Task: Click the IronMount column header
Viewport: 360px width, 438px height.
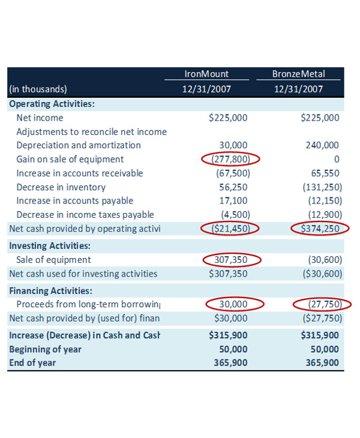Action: [206, 74]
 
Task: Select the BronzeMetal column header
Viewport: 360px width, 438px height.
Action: [298, 74]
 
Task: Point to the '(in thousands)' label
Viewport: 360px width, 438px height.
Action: [37, 89]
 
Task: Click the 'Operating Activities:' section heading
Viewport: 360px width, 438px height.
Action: [52, 103]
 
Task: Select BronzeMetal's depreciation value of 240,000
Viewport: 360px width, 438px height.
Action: [322, 145]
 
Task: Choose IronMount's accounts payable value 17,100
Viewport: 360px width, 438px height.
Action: [235, 200]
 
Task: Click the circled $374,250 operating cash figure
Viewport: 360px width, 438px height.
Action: [319, 229]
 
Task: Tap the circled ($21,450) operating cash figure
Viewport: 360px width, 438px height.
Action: [230, 229]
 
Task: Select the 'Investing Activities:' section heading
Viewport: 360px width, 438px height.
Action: [50, 245]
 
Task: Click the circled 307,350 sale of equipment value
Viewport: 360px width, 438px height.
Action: [230, 260]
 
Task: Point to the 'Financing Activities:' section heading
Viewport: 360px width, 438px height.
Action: [50, 290]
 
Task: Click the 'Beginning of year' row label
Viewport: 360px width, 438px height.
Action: [45, 349]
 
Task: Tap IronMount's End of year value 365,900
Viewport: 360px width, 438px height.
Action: [230, 362]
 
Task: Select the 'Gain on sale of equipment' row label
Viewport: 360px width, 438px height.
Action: [70, 159]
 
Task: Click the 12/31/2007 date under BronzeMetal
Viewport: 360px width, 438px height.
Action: [298, 89]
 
